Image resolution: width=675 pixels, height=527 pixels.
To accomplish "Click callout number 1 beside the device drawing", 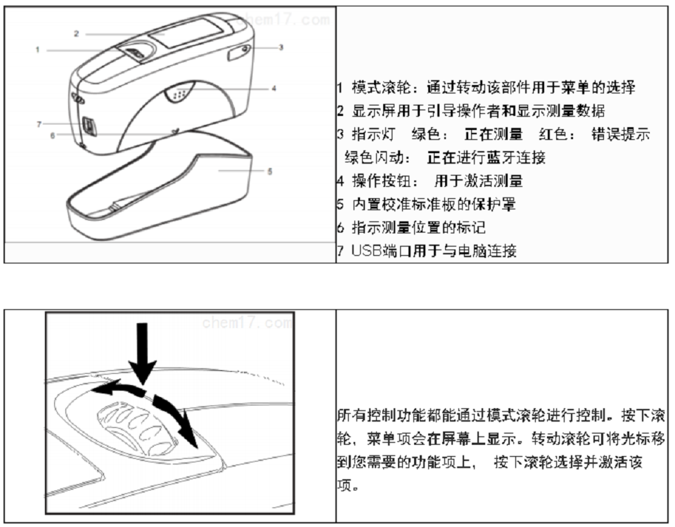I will coord(37,49).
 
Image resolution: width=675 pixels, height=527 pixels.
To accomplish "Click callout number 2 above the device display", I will coord(76,33).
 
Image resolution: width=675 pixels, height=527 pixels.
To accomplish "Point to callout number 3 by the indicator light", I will coord(280,48).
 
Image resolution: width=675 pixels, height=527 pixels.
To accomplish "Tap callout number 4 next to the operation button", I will coord(274,89).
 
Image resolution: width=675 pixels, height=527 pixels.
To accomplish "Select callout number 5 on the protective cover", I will coord(270,171).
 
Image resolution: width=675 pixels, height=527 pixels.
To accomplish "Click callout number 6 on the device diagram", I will coord(52,135).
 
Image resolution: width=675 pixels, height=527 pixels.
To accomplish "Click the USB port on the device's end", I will coord(89,125).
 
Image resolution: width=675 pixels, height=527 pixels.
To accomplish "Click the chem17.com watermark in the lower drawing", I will coord(246,323).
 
